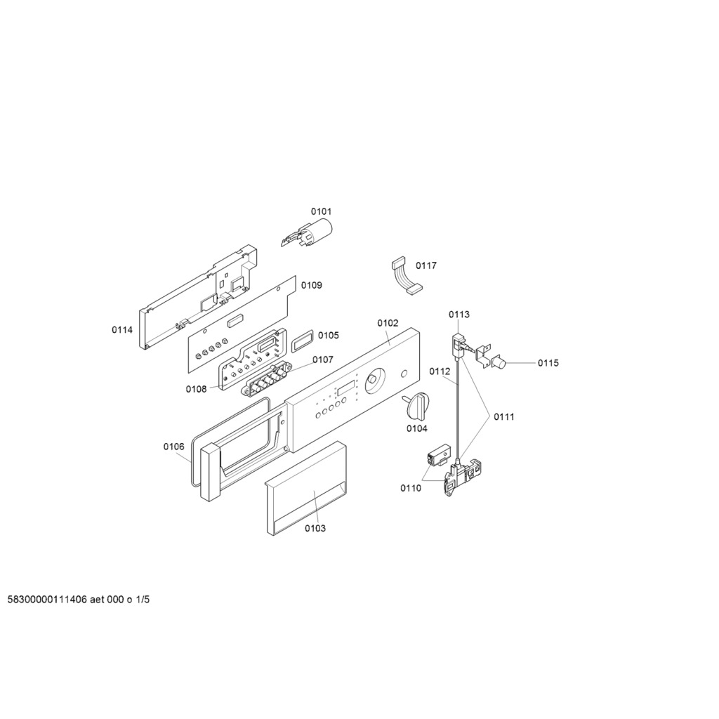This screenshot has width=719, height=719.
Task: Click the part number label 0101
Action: (321, 211)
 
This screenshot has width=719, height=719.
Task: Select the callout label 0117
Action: (426, 265)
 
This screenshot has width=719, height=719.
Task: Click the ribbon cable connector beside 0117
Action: (407, 276)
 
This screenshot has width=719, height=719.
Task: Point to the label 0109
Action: (311, 285)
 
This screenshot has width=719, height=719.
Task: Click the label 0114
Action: (122, 330)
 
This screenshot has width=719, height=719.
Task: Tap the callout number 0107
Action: (323, 359)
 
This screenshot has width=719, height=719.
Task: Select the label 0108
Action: (197, 389)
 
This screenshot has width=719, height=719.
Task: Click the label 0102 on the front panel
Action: (388, 323)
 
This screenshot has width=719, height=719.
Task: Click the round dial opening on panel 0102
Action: (375, 380)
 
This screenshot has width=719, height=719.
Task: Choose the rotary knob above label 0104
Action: (416, 405)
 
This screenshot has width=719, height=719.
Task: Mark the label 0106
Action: (174, 446)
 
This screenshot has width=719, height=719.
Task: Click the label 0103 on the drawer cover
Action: (315, 528)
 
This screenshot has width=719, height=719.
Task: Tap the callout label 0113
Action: (459, 314)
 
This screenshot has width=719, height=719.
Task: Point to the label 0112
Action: (440, 371)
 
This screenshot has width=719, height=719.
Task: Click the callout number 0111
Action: (504, 417)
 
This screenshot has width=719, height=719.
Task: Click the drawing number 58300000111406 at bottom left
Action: (47, 600)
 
